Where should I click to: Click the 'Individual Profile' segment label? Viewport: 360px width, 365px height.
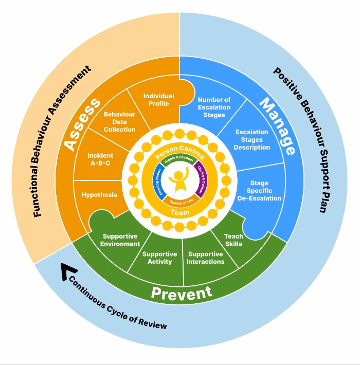click(158, 100)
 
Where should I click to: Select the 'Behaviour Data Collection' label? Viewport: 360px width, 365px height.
click(119, 122)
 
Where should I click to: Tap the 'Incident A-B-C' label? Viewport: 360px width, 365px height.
click(100, 159)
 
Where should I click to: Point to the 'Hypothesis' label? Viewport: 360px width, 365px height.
click(99, 195)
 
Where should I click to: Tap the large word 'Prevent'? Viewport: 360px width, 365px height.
click(181, 293)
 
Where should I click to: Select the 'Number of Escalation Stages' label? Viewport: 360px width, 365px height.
click(214, 107)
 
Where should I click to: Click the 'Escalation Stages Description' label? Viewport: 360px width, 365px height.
click(252, 140)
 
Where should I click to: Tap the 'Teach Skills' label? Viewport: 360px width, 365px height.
click(233, 240)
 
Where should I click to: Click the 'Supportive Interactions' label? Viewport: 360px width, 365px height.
click(206, 258)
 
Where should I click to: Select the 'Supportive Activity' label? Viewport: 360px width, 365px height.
click(159, 258)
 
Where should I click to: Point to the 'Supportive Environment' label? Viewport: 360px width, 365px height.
click(120, 240)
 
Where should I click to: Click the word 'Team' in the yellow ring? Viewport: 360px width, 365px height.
click(179, 212)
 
